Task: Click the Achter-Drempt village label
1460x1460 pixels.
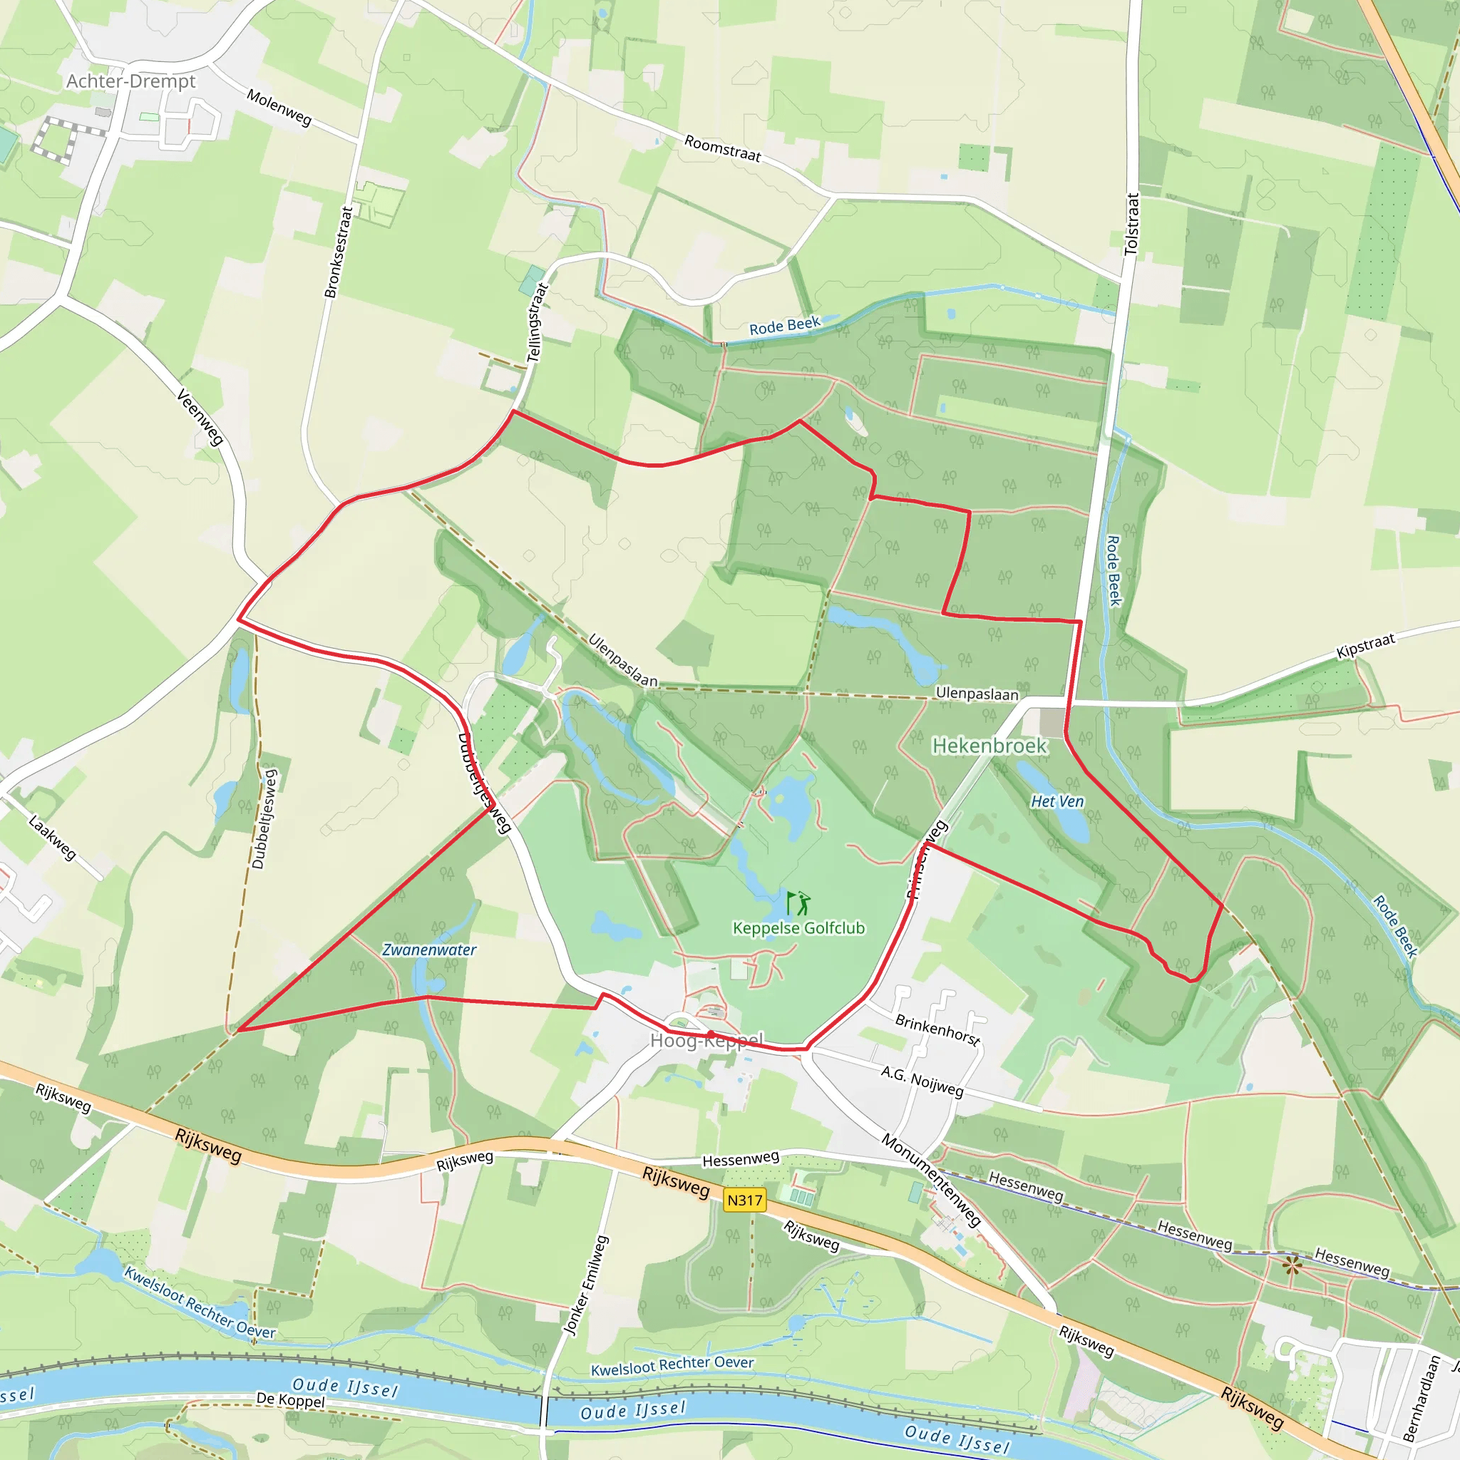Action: pyautogui.click(x=130, y=81)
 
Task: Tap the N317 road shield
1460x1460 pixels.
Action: pyautogui.click(x=744, y=1200)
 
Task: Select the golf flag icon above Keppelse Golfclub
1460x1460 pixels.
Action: pyautogui.click(x=798, y=903)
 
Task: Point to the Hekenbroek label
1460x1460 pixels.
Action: pyautogui.click(x=989, y=746)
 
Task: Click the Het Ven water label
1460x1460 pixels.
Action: pyautogui.click(x=1057, y=801)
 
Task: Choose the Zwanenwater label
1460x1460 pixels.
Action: pyautogui.click(x=429, y=950)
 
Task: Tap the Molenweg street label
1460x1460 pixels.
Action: pyautogui.click(x=279, y=108)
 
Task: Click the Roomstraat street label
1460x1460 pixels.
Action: pyautogui.click(x=722, y=148)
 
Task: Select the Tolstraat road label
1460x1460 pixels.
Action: pyautogui.click(x=1131, y=224)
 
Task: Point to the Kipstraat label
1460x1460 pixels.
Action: pyautogui.click(x=1364, y=647)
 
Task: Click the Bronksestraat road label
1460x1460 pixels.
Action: pyautogui.click(x=339, y=252)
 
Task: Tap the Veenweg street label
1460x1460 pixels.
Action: pyautogui.click(x=200, y=416)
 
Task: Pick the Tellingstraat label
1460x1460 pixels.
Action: pyautogui.click(x=535, y=323)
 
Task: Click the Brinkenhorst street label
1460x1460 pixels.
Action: pyautogui.click(x=938, y=1029)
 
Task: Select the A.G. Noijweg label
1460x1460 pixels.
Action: pyautogui.click(x=922, y=1081)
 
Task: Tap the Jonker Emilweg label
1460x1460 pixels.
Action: pyautogui.click(x=587, y=1285)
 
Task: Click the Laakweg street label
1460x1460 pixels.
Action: pyautogui.click(x=52, y=838)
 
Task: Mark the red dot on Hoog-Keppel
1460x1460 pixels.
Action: pyautogui.click(x=710, y=1034)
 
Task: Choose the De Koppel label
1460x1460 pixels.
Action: pyautogui.click(x=290, y=1399)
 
